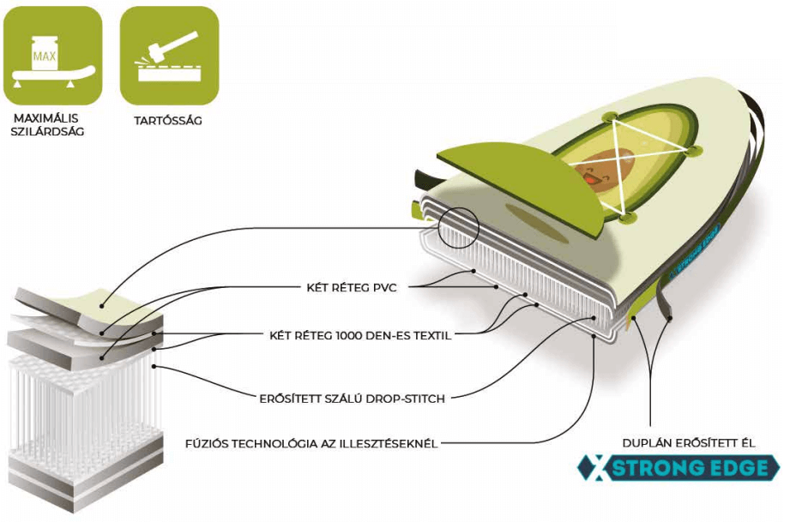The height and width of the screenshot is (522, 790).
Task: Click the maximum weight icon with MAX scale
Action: point(52,56)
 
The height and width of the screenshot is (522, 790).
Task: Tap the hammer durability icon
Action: point(169,56)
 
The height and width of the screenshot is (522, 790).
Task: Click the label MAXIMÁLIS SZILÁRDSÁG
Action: point(49,125)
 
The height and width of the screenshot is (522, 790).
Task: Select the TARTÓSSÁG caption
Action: point(168,120)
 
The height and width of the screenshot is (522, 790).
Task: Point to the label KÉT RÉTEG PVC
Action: point(352,287)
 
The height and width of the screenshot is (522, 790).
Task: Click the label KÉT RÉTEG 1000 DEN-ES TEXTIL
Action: point(360,335)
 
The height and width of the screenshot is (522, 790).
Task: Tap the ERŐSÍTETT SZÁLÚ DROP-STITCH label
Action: point(356,398)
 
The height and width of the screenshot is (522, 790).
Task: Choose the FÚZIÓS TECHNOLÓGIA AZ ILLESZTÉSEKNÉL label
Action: point(312,444)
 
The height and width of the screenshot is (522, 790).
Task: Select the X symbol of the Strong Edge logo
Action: point(593,468)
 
